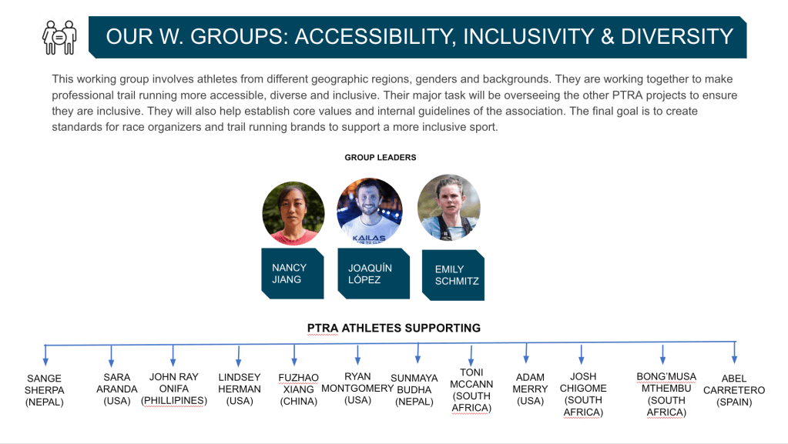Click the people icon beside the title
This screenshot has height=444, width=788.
click(59, 37)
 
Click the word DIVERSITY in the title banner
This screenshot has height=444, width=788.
click(677, 37)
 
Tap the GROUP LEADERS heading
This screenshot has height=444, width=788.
click(381, 157)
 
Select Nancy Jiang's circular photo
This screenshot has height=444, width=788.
click(293, 213)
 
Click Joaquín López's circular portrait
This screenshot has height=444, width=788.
click(370, 211)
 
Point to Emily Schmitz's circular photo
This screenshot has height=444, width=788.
click(449, 208)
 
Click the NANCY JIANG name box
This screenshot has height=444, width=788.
click(293, 274)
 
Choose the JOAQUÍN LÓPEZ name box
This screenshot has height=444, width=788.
click(374, 274)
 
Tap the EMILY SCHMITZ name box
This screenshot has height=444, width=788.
click(453, 275)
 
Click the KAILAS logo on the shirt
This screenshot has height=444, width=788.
click(369, 238)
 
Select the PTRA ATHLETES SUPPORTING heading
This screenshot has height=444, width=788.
click(394, 328)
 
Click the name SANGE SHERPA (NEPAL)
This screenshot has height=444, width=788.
click(44, 390)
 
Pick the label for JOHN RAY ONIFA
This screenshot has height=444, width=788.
click(174, 389)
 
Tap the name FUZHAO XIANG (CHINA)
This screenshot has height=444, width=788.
click(299, 389)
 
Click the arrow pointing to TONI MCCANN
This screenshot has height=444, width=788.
click(471, 356)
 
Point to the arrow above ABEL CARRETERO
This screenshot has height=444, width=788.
click(735, 352)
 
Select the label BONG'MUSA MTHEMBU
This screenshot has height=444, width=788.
click(666, 394)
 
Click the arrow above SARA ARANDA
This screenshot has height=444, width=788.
click(111, 356)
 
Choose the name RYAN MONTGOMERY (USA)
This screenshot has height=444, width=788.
click(357, 389)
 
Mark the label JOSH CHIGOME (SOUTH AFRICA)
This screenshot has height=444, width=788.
click(583, 394)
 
